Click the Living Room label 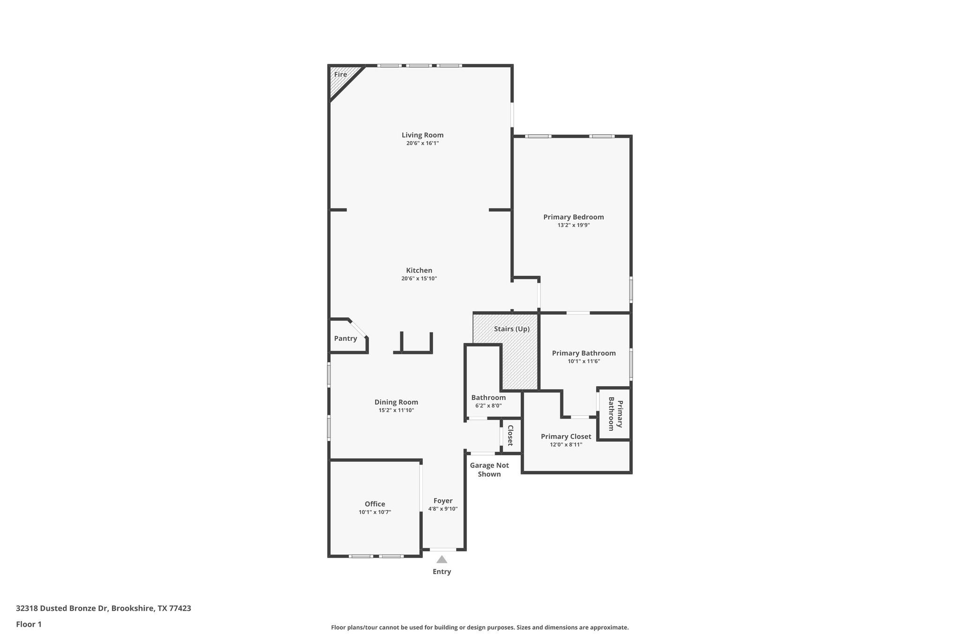422,135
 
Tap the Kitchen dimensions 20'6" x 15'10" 419,279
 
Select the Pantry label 345,339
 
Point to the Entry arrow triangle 442,559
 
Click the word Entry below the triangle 442,572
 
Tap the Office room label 375,504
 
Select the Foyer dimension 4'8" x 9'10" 443,509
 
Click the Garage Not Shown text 489,469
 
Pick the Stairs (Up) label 511,329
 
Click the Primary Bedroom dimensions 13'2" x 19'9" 573,225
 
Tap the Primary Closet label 566,437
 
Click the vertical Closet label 510,435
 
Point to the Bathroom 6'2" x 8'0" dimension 488,406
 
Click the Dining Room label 396,402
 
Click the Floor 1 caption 29,624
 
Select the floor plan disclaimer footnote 480,627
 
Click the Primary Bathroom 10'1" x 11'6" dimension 584,361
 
